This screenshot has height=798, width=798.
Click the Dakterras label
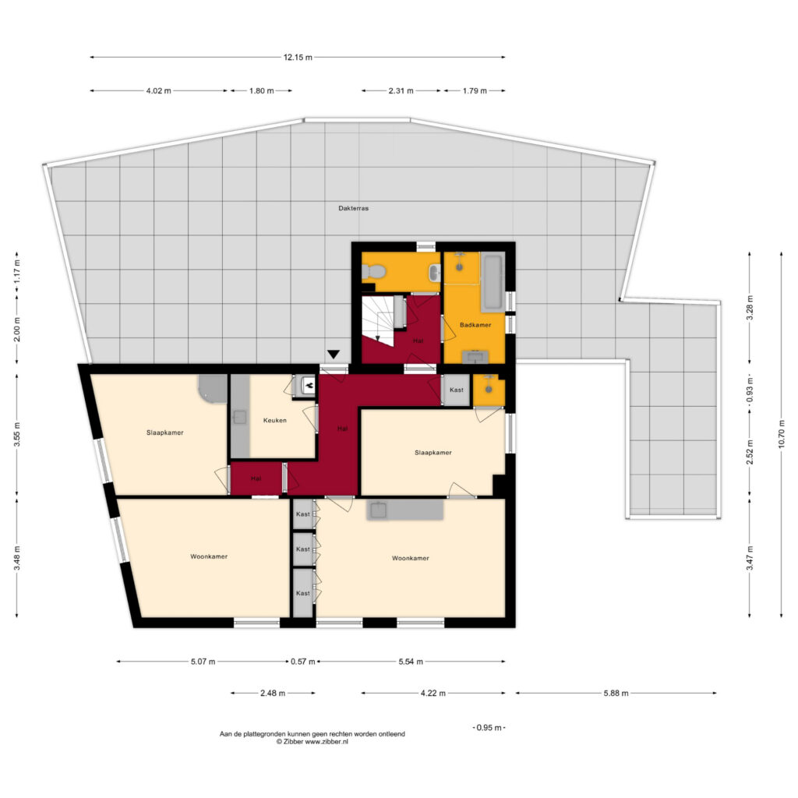[353, 208]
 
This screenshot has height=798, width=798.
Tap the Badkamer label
[475, 325]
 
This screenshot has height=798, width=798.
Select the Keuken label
[275, 420]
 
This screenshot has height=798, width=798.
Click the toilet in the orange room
[373, 272]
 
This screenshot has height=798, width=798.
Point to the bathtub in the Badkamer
[493, 282]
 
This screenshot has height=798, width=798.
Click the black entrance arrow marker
[334, 355]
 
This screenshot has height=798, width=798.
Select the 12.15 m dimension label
[298, 58]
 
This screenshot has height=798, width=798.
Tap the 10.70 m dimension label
[782, 434]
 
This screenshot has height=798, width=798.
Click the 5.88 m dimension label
[616, 693]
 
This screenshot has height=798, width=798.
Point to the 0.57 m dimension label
[303, 662]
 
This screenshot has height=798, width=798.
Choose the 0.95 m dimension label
[489, 728]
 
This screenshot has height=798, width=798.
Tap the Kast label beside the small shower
[457, 390]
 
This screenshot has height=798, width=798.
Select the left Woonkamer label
[209, 556]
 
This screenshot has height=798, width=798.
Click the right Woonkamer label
[410, 558]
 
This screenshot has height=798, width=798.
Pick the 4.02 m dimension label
[158, 91]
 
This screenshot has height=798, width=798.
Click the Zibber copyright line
[312, 742]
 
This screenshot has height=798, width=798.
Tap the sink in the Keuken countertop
[240, 418]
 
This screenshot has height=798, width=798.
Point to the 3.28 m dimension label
[750, 308]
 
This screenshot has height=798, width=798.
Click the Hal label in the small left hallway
[256, 478]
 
